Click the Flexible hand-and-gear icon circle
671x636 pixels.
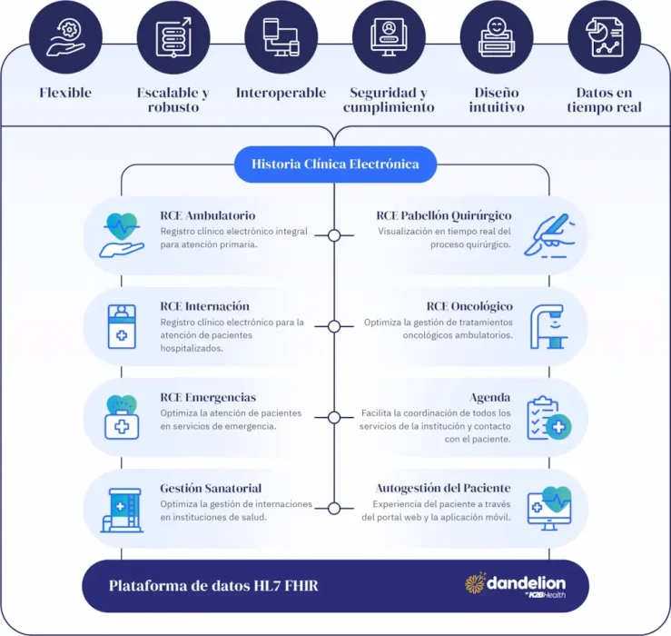[66, 37]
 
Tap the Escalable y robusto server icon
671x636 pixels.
[173, 37]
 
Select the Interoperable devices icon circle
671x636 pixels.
[281, 37]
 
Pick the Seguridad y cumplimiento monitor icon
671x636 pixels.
[389, 37]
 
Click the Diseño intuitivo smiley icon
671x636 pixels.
[497, 37]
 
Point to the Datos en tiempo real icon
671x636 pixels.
[605, 37]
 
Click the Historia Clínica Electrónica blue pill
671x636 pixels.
[335, 164]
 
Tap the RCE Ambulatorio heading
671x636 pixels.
[208, 215]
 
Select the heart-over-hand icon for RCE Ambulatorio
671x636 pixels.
[122, 235]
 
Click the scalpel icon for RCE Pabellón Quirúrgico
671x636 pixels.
[549, 235]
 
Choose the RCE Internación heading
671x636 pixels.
[204, 306]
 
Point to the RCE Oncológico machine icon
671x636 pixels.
[549, 327]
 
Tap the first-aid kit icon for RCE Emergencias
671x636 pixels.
[122, 417]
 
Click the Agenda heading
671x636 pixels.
[490, 397]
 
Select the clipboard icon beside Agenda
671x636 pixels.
[549, 418]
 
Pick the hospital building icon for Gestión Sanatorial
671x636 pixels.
[122, 510]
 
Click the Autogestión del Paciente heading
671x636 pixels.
[443, 488]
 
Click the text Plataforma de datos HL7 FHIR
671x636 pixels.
[213, 586]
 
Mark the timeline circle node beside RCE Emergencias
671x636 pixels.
[334, 418]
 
